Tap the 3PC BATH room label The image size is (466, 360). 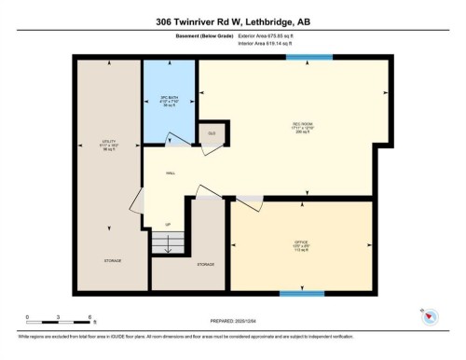pyautogui.click(x=169, y=100)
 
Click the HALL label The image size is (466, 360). pyautogui.click(x=171, y=173)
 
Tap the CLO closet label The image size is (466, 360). pyautogui.click(x=212, y=134)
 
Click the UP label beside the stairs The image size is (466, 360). pyautogui.click(x=168, y=225)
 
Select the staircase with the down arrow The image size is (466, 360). pyautogui.click(x=168, y=243)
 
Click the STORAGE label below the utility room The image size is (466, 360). pyautogui.click(x=111, y=261)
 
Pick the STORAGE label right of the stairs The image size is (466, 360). pyautogui.click(x=206, y=265)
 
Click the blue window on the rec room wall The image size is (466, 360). pyautogui.click(x=308, y=58)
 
